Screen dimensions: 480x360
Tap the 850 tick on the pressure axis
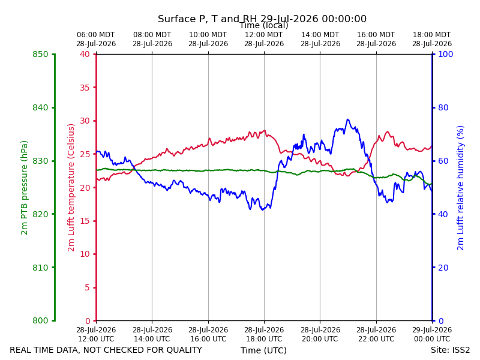click(x=40, y=54)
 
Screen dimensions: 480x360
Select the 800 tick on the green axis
click(x=40, y=320)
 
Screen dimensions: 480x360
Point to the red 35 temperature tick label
click(x=85, y=88)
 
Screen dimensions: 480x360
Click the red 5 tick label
click(x=87, y=287)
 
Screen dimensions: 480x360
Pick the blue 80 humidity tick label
click(x=443, y=107)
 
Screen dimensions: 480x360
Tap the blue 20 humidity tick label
click(x=443, y=268)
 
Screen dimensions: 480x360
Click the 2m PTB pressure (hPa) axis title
click(x=24, y=188)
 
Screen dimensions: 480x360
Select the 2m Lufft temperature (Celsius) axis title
click(x=71, y=188)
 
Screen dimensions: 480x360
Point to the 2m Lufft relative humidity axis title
click(x=460, y=188)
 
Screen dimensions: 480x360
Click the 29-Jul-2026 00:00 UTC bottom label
click(x=432, y=334)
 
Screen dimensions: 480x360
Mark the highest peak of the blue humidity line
click(x=347, y=119)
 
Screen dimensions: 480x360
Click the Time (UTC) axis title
click(x=263, y=350)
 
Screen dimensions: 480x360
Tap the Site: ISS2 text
click(x=450, y=350)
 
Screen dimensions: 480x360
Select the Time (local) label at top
click(x=264, y=25)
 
